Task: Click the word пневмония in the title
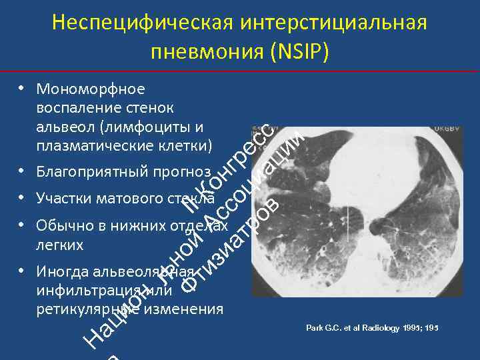(208, 52)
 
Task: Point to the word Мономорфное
(91, 89)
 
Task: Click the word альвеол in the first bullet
(61, 126)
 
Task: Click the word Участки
(65, 199)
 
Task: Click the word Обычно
(65, 226)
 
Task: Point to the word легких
(60, 245)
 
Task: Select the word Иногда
(63, 272)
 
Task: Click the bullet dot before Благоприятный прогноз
(22, 171)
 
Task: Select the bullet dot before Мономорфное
(22, 88)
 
